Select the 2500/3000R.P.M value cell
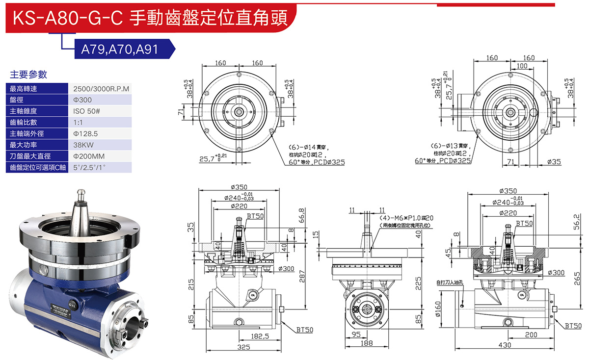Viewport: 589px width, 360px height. (101, 89)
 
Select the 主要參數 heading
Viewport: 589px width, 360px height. (28, 75)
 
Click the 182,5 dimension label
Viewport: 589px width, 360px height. (260, 336)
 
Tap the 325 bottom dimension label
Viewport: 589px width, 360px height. (243, 347)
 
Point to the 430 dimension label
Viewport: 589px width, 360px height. (505, 345)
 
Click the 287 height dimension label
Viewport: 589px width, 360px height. (302, 278)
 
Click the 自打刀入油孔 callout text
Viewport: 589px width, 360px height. (450, 283)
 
